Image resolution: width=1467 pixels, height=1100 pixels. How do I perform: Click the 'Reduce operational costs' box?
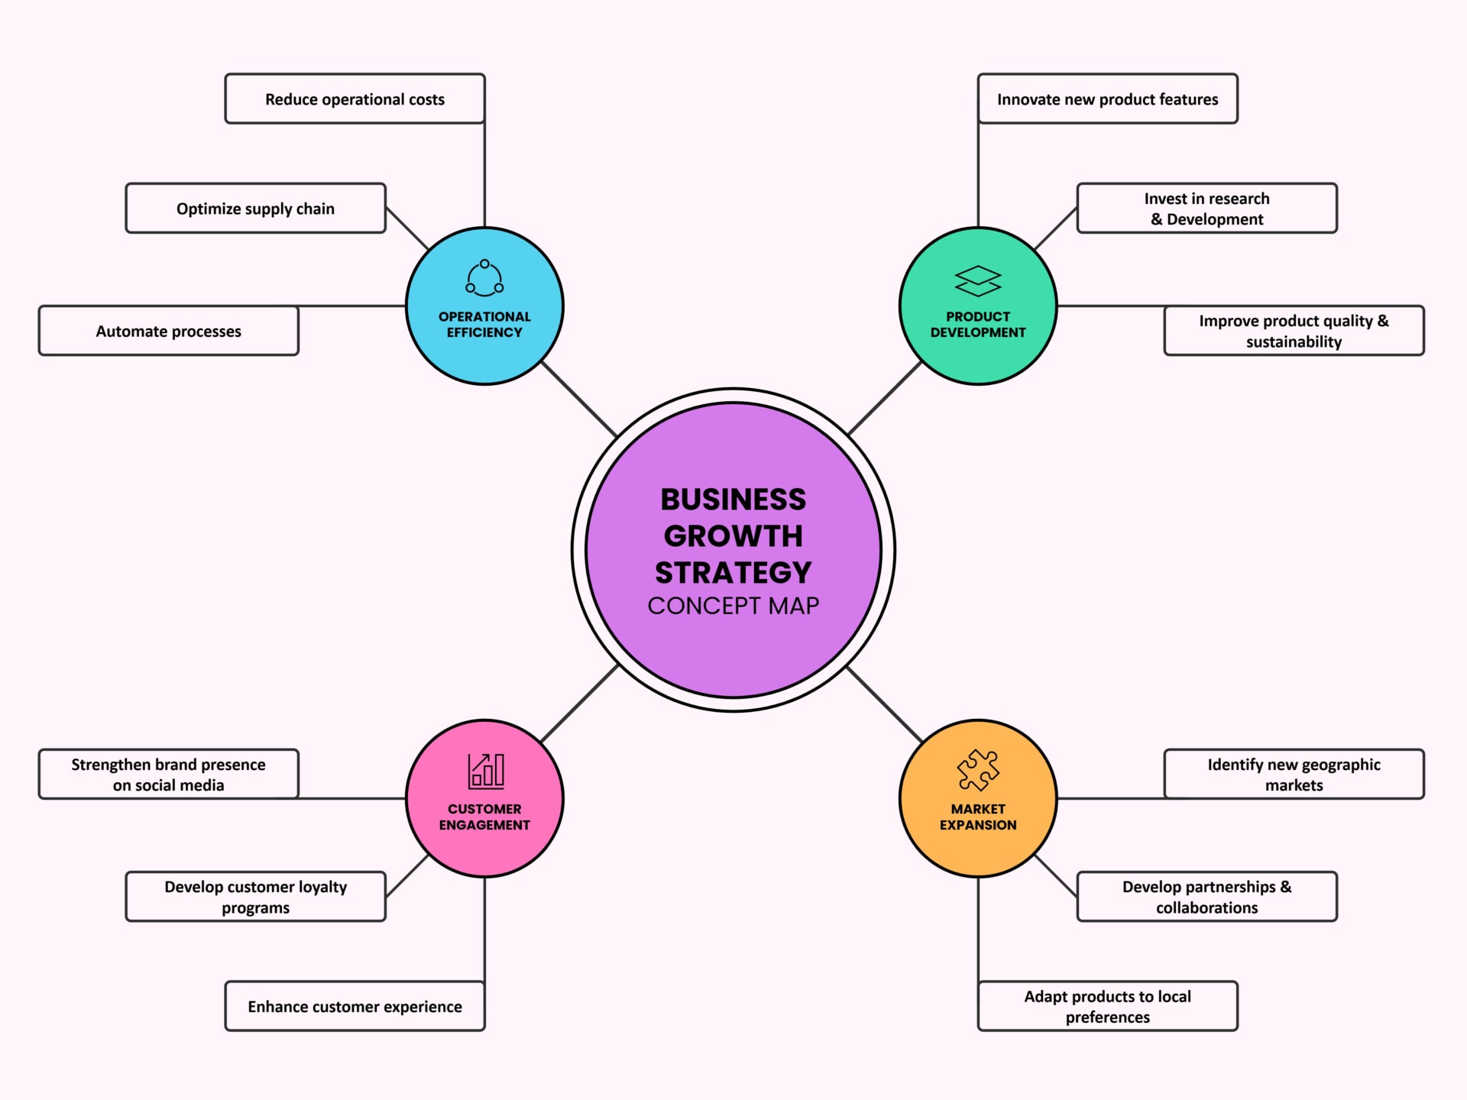point(355,99)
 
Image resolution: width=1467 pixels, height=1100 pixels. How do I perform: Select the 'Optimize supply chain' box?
point(255,208)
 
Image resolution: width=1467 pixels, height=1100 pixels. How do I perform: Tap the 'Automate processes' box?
point(168,331)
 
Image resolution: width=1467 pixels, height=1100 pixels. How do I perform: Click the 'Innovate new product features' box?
point(1107,99)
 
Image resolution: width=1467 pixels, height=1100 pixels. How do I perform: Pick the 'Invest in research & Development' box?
point(1206,208)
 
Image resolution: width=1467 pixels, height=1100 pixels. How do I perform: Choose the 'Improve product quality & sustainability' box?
point(1294,331)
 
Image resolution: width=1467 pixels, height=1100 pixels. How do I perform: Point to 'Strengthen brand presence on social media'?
point(168,774)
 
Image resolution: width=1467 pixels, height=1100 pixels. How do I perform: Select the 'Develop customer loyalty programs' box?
point(255,897)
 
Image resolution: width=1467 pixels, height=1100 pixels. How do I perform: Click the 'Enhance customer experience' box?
point(355,1006)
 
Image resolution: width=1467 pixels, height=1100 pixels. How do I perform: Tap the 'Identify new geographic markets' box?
point(1294,774)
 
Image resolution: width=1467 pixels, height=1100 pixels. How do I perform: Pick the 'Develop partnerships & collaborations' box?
point(1206,897)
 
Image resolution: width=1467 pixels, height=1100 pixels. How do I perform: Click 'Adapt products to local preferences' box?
point(1107,1006)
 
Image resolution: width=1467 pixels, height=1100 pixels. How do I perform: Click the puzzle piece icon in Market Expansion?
point(978,770)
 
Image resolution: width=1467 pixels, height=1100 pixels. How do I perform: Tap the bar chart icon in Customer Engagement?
point(485,771)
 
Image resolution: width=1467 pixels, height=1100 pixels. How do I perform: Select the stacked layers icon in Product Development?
point(978,281)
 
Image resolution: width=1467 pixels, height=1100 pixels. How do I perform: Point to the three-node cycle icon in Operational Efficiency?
point(484,279)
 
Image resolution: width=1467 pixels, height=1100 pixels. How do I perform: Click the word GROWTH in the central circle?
point(733,536)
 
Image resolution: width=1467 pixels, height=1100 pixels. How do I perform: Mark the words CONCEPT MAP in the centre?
point(733,606)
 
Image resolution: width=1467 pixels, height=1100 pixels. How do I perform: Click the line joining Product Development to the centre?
point(885,399)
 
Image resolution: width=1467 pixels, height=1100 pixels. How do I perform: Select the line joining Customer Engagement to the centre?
point(579,704)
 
